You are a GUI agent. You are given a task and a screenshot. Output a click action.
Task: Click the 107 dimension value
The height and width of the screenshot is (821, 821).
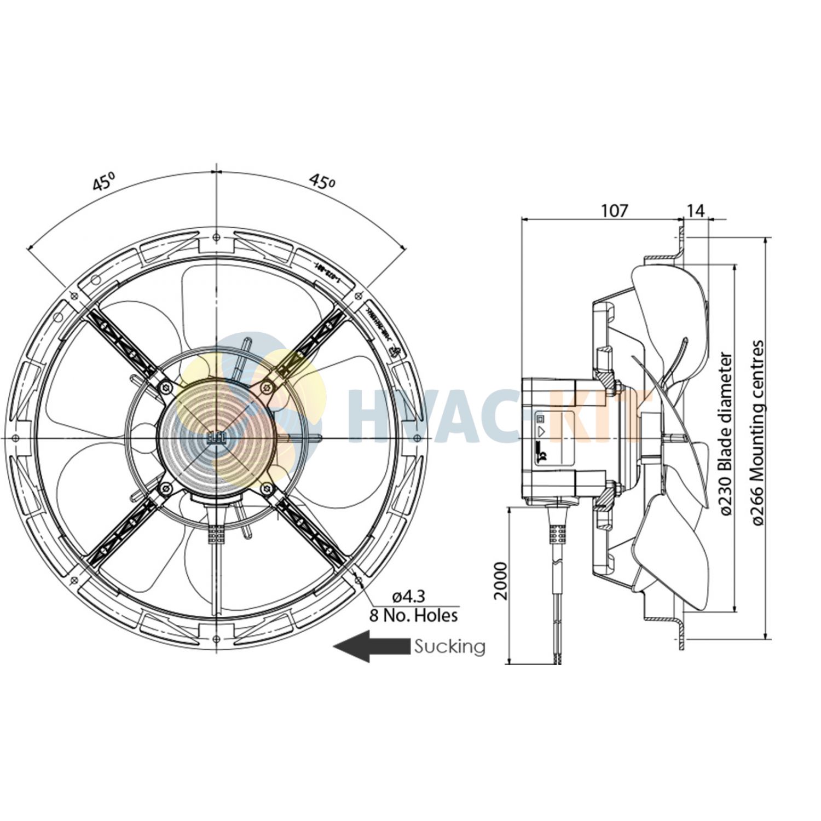pos(615,210)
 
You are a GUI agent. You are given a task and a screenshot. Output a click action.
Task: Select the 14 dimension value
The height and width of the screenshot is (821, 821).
pos(696,210)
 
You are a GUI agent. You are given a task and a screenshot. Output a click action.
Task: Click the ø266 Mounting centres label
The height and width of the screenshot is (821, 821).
pos(758,433)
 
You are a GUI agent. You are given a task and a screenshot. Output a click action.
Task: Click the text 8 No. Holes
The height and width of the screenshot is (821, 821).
pos(413,616)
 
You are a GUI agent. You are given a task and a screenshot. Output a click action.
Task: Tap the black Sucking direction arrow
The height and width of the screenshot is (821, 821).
pos(372,646)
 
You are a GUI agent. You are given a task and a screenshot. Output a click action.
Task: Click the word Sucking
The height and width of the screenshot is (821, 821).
pos(449,646)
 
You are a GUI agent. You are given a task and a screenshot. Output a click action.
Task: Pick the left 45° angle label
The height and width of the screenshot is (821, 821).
pos(103,182)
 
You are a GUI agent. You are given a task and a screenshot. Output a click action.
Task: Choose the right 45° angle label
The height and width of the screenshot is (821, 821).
pos(321,182)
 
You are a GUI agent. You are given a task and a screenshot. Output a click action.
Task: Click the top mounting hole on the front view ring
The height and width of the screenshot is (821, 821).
pos(217,236)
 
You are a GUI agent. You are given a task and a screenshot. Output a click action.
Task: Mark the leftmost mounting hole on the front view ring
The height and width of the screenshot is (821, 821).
pos(15,438)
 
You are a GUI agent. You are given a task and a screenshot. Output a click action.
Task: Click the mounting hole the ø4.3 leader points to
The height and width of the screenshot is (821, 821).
pos(359,580)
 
